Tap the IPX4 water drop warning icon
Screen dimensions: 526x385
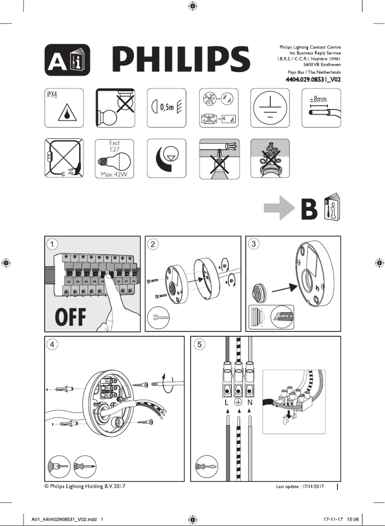click(64, 108)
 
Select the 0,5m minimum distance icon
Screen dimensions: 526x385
click(167, 108)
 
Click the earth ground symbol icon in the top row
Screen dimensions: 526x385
click(270, 108)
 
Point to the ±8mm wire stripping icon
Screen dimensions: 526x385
click(321, 108)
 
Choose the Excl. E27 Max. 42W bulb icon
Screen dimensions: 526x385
click(115, 159)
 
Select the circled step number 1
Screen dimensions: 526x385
click(52, 244)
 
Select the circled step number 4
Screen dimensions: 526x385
click(52, 344)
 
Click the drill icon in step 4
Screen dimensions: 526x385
click(59, 467)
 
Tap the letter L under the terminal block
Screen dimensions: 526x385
click(227, 403)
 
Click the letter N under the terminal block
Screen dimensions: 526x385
click(250, 403)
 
